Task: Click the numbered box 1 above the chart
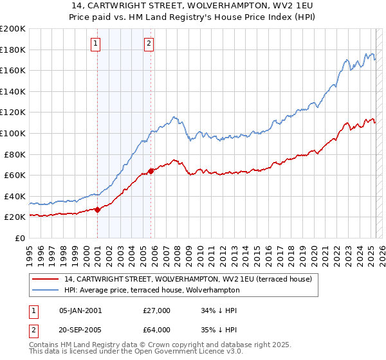coord(95,44)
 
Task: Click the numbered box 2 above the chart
coord(149,44)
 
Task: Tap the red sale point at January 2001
coord(97,209)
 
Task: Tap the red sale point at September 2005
coord(151,170)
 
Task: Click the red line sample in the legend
coord(45,279)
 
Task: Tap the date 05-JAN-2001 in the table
coord(80,310)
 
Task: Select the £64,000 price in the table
coord(156,330)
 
